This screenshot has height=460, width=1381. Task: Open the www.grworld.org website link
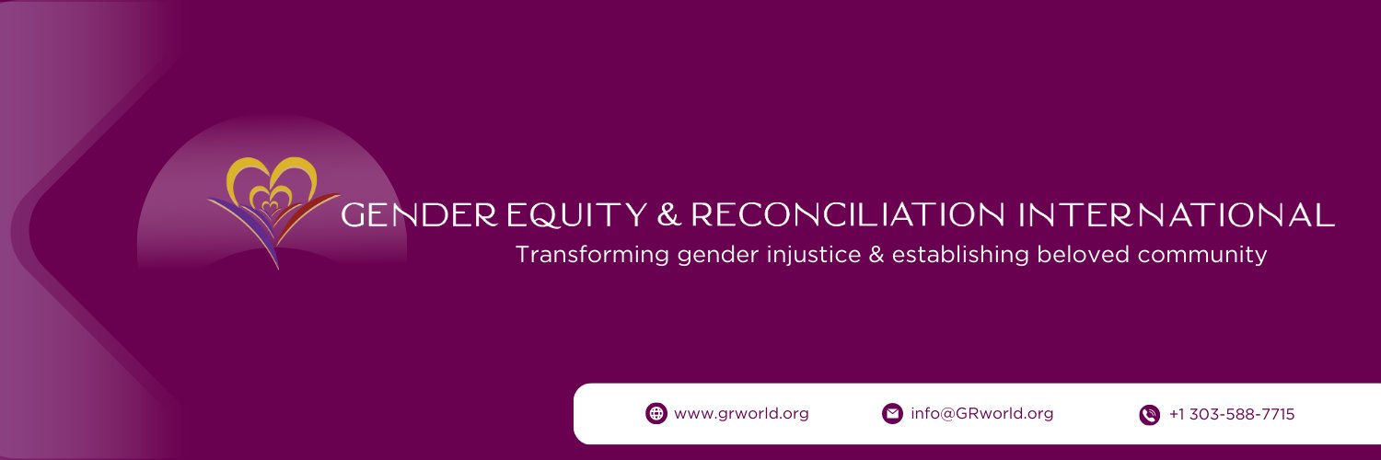741,414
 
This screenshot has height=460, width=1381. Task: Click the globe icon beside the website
656,414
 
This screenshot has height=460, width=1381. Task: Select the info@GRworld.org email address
981,414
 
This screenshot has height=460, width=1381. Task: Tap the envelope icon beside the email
892,414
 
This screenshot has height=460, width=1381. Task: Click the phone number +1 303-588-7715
1231,415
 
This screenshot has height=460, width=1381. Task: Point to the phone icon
1149,415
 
